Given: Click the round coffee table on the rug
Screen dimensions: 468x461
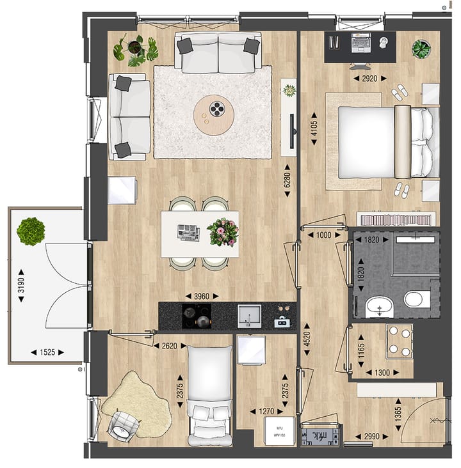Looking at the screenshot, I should (214, 114).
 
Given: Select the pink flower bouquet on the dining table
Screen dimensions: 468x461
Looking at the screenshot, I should (222, 231).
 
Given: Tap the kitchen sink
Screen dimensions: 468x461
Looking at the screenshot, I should (249, 315).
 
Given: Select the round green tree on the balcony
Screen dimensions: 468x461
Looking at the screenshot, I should (29, 231).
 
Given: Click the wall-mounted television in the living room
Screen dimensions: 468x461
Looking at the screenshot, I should (293, 131).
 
